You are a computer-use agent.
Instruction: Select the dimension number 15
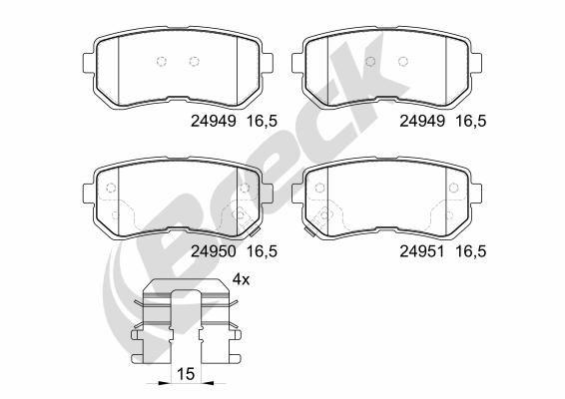[183, 375]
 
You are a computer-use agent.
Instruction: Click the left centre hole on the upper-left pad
[163, 62]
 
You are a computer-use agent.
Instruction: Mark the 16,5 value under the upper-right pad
[471, 122]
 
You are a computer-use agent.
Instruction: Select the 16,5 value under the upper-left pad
[262, 122]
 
